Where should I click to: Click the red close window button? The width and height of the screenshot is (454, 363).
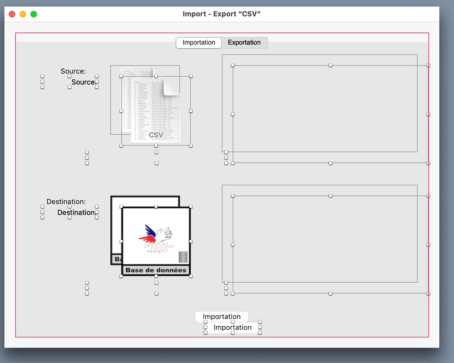click(x=12, y=14)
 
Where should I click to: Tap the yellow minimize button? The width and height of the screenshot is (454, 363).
click(x=23, y=14)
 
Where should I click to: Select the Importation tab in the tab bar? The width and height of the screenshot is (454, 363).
click(x=199, y=43)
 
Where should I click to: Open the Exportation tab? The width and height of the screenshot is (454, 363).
click(x=244, y=43)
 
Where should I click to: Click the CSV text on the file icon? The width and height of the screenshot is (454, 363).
click(x=156, y=135)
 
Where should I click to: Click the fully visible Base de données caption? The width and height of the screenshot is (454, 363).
click(x=156, y=270)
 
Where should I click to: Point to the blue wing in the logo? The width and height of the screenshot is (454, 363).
click(x=150, y=230)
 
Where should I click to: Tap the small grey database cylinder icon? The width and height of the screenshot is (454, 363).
click(x=183, y=257)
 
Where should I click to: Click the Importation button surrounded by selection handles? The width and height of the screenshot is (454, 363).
click(x=232, y=328)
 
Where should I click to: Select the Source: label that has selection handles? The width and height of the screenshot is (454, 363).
click(x=83, y=82)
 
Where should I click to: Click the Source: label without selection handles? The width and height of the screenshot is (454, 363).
click(x=73, y=71)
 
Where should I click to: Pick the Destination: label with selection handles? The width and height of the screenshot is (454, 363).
click(x=76, y=213)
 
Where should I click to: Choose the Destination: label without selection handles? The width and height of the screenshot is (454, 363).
click(x=66, y=202)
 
